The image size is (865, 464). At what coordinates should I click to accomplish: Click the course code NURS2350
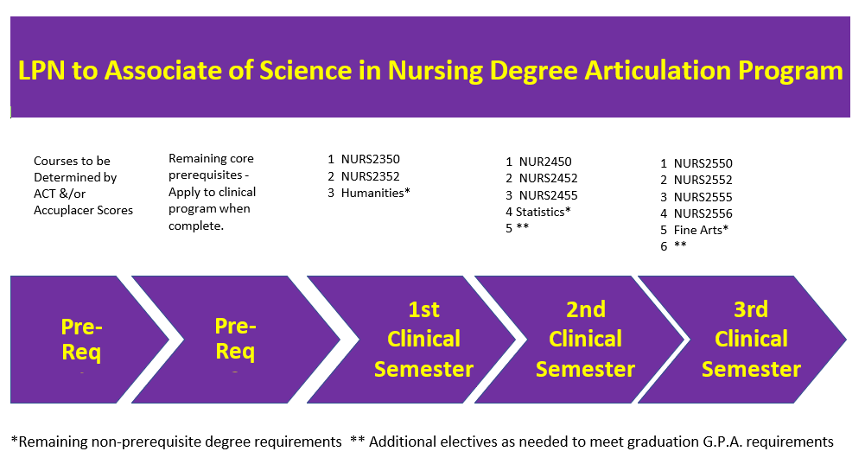tap(370, 160)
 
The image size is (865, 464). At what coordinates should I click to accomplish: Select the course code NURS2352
tap(370, 176)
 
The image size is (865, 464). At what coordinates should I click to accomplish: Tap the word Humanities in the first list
tap(372, 193)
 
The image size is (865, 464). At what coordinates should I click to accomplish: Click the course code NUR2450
tap(545, 162)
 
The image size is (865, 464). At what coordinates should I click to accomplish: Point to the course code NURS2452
tap(549, 178)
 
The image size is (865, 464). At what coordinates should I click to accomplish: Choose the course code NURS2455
tap(549, 195)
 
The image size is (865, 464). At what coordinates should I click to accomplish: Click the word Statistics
tap(540, 212)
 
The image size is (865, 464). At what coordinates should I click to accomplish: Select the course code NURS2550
tap(703, 163)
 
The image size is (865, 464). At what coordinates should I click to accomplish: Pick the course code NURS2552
tap(703, 180)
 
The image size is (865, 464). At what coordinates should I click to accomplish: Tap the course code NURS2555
tap(703, 197)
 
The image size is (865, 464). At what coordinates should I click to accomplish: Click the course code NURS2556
tap(703, 213)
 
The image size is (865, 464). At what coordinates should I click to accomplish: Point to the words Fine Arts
tap(698, 230)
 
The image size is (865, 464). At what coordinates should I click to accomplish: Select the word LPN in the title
tap(41, 71)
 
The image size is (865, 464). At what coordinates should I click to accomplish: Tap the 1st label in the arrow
tap(423, 309)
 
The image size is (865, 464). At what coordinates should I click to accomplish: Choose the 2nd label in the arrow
tap(586, 309)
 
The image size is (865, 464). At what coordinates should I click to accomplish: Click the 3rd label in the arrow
tap(751, 309)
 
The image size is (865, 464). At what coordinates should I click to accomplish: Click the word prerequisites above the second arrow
tap(206, 175)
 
